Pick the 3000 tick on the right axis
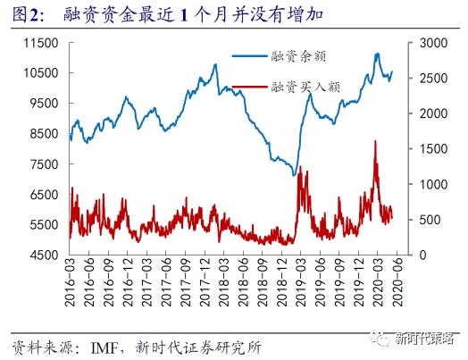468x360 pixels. [425, 43]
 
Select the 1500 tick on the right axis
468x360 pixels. [425, 149]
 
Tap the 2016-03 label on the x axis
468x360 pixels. [72, 284]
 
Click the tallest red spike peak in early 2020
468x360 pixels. [375, 141]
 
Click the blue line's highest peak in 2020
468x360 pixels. [376, 54]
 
